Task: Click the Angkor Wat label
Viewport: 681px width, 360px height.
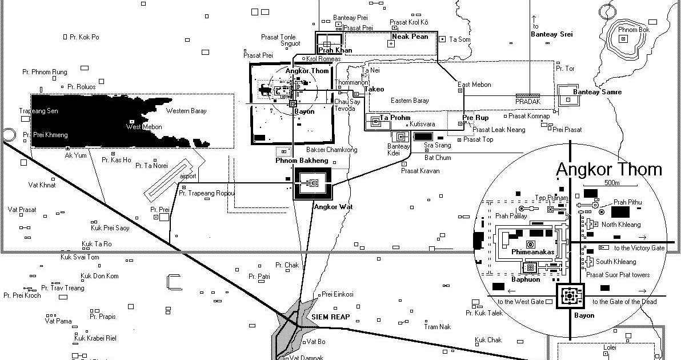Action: [333, 206]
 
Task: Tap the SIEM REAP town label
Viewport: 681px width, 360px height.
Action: [330, 317]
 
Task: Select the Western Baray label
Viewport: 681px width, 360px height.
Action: [186, 111]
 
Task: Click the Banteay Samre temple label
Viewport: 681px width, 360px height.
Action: [597, 92]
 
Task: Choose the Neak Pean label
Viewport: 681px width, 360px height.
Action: [410, 37]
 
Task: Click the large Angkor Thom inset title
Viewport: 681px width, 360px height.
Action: [608, 170]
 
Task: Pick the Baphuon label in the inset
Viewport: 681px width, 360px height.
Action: [525, 279]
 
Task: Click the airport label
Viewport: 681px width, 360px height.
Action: [188, 176]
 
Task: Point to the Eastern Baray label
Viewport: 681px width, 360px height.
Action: [409, 101]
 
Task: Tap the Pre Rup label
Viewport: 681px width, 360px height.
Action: [475, 118]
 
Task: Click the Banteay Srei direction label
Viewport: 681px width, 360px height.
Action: [551, 34]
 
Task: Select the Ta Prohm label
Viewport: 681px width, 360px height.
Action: [395, 118]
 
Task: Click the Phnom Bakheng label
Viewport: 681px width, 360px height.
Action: [302, 161]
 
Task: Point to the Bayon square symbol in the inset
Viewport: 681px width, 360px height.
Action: [569, 296]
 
